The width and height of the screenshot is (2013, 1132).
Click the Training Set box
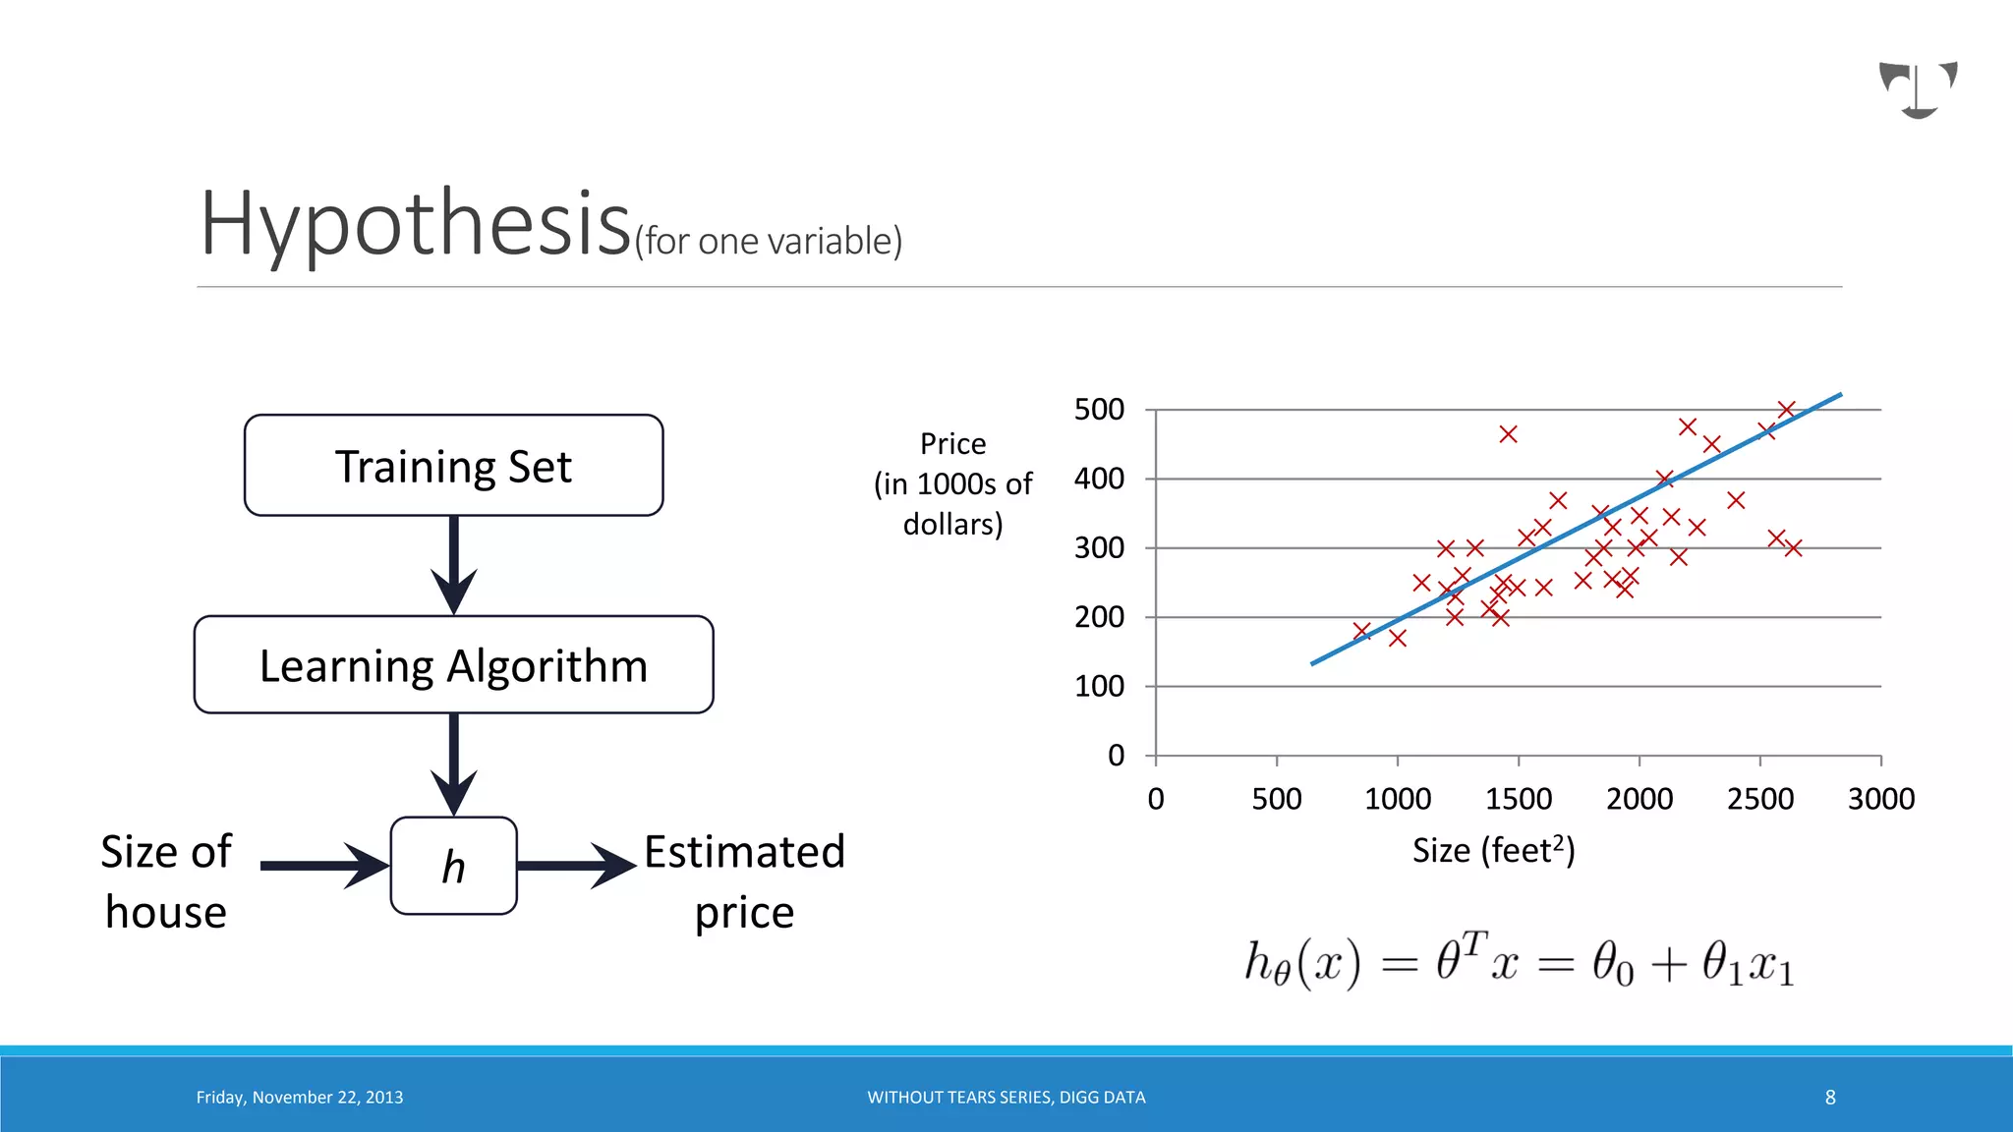(x=453, y=466)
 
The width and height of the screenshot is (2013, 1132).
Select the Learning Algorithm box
(x=453, y=665)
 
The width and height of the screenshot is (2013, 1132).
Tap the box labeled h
(x=453, y=866)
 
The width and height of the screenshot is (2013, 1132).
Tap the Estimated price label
(x=744, y=881)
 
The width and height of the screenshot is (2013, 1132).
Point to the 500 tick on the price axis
(x=1099, y=410)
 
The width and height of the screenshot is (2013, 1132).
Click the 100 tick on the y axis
(x=1099, y=686)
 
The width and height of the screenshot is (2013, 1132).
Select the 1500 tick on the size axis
(x=1519, y=799)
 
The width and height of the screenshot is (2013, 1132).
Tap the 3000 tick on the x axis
(x=1880, y=799)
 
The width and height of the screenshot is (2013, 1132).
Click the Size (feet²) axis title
(x=1493, y=850)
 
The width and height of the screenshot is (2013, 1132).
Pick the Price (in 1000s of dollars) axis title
(x=952, y=483)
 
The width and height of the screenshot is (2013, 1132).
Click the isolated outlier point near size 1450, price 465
(x=1508, y=434)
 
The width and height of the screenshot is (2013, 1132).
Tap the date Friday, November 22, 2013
(x=300, y=1098)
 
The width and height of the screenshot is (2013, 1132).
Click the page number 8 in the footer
(x=1830, y=1098)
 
